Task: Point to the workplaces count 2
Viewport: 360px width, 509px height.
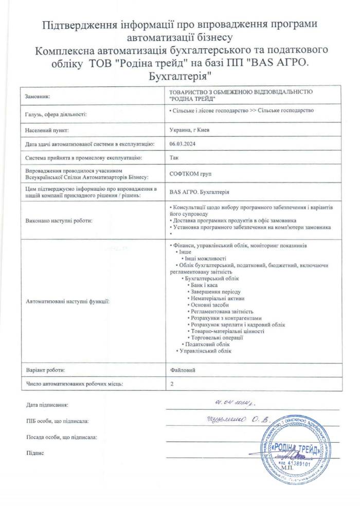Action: tap(171, 384)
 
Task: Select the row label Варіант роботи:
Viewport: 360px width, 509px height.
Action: tap(45, 370)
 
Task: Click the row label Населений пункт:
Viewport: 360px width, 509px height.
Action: tap(47, 130)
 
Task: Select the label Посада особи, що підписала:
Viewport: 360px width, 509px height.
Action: tap(61, 437)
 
